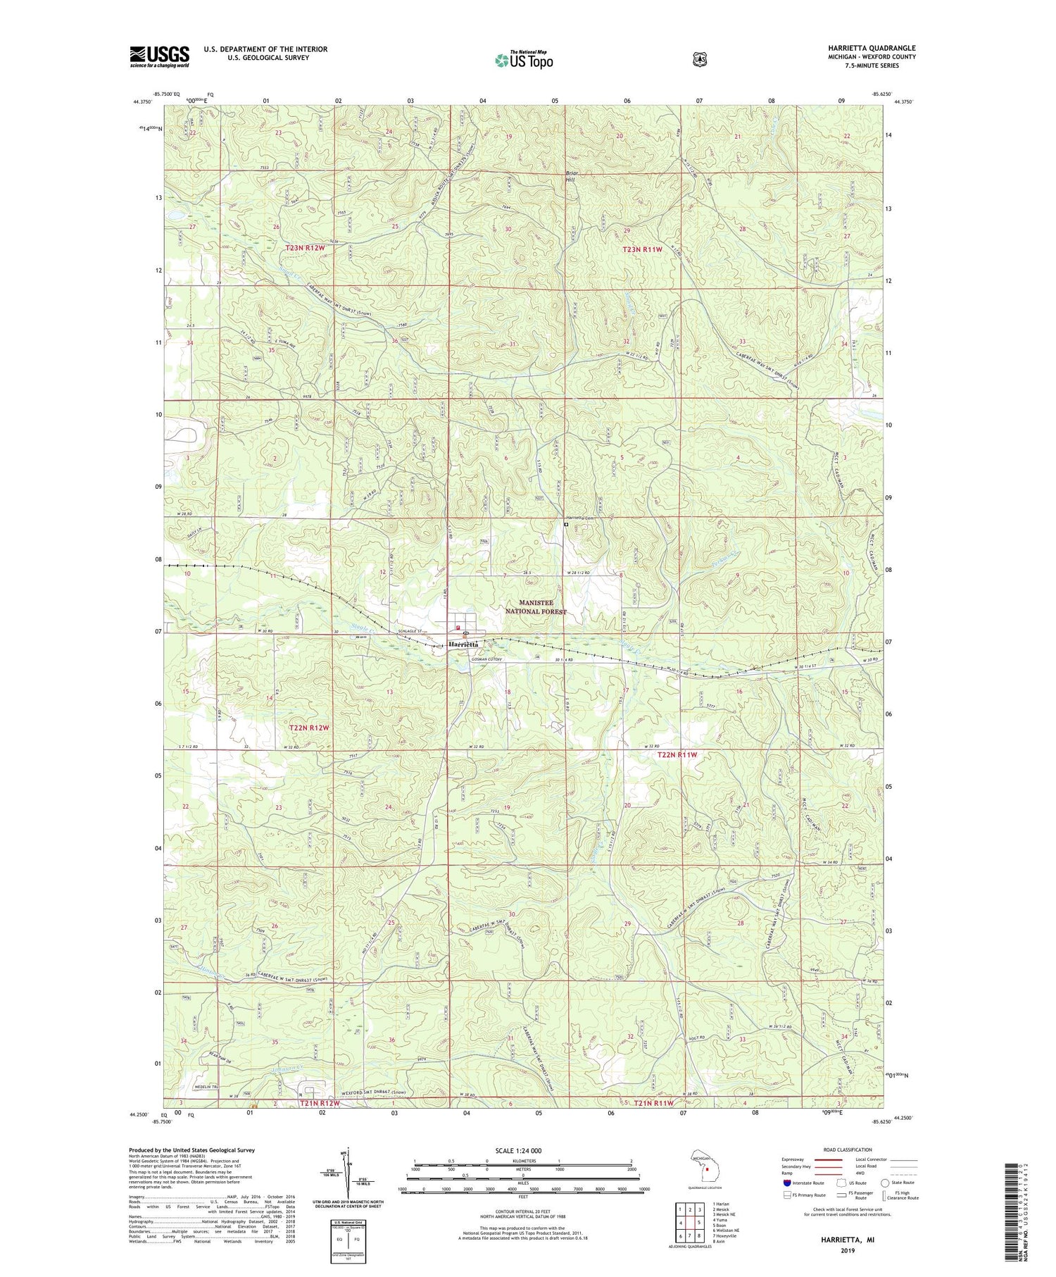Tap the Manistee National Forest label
point(542,607)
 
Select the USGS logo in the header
point(160,57)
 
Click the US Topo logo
point(524,61)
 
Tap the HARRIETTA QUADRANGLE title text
point(872,49)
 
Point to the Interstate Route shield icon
point(786,1183)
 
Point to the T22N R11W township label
point(677,755)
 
